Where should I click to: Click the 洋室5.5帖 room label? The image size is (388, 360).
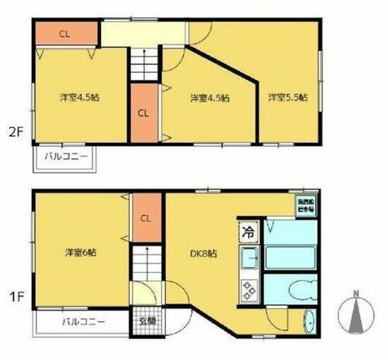click(288, 98)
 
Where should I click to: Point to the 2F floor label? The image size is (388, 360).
click(16, 131)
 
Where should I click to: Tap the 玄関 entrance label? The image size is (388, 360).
click(147, 320)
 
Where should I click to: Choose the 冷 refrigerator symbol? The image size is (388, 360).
click(248, 232)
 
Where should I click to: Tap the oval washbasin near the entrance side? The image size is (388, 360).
click(310, 321)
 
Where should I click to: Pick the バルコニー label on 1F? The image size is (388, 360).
click(81, 320)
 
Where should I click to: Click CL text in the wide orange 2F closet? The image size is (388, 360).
click(65, 33)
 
